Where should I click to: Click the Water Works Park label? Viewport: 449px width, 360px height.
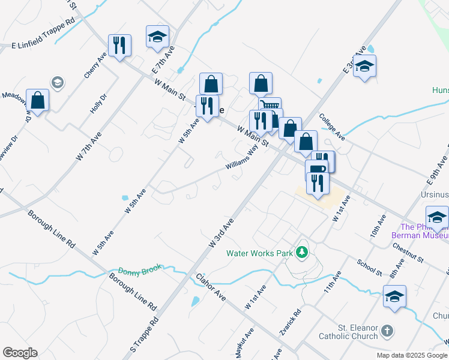(259, 253)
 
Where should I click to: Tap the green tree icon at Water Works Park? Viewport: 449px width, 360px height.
(303, 252)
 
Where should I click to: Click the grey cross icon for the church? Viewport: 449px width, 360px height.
(388, 331)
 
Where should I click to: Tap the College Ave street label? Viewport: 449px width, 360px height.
(332, 127)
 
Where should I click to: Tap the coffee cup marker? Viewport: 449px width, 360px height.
(316, 169)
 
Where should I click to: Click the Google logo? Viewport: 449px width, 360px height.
(20, 353)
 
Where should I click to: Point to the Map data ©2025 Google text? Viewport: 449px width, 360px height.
(412, 355)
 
